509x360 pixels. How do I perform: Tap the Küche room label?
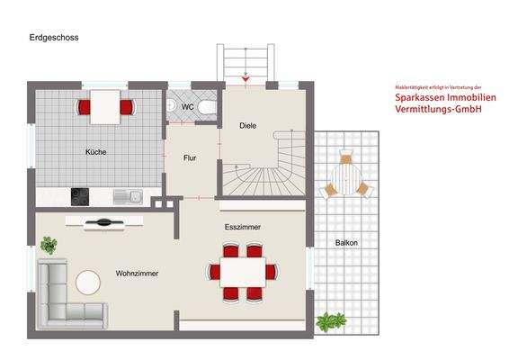coord(96,152)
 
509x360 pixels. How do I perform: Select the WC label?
coord(187,107)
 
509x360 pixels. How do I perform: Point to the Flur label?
coord(191,158)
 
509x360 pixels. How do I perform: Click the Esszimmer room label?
coord(243,228)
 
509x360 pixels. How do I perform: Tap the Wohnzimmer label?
coord(138,273)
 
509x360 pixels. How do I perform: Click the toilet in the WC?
coord(208,106)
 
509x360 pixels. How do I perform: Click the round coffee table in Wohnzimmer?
coord(88,283)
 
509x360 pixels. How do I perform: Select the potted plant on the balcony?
coord(333,320)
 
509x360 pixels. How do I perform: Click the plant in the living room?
coord(49,244)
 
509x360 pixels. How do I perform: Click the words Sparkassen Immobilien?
coord(439,97)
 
